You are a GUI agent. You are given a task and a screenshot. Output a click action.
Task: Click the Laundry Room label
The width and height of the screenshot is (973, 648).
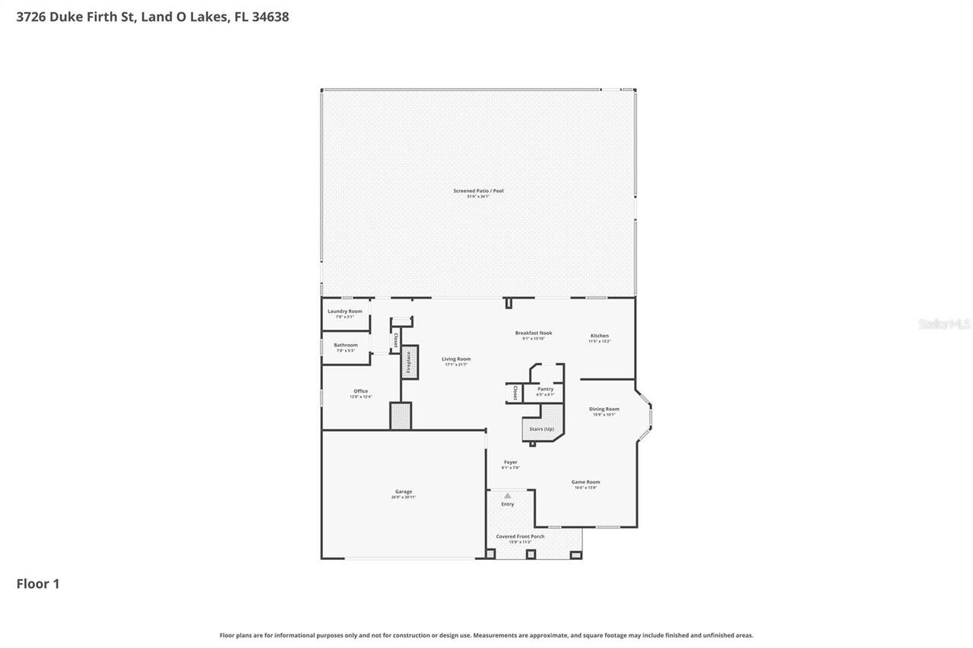[344, 311]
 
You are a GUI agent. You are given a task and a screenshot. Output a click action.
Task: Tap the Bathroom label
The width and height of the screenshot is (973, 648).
[345, 346]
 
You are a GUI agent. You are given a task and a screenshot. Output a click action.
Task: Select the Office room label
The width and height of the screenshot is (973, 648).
[360, 392]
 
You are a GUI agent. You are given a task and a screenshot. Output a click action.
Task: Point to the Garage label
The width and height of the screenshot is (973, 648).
[403, 492]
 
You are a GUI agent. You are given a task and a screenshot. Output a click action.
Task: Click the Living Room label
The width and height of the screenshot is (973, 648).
[456, 359]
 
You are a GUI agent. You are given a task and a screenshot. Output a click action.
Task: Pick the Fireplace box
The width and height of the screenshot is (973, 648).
[409, 362]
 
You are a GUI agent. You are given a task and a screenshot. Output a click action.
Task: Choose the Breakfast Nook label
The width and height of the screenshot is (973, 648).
[534, 333]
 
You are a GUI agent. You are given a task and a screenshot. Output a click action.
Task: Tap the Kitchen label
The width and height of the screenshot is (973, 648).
[600, 336]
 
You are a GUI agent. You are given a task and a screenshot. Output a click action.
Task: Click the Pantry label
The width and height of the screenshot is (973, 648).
[545, 390]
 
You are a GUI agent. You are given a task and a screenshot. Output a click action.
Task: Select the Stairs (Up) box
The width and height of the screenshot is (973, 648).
[542, 428]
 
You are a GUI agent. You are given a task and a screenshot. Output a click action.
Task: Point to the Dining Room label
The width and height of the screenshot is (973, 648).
[604, 409]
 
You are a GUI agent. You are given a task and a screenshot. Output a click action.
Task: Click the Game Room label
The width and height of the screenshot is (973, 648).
[585, 482]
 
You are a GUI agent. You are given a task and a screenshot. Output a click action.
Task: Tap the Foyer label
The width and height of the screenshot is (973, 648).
[510, 463]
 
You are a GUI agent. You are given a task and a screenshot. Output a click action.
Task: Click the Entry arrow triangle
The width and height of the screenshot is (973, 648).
[507, 496]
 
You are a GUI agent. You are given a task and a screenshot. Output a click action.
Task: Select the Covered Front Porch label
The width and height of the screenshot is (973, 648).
[520, 537]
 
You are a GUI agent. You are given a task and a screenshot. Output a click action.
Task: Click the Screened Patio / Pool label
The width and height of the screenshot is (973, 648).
[478, 191]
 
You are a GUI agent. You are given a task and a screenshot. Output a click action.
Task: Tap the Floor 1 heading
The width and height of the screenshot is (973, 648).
[38, 583]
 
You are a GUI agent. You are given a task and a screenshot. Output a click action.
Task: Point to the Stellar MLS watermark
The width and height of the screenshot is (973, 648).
[944, 324]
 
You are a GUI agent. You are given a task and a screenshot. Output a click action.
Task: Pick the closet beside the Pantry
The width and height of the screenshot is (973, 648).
[514, 393]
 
